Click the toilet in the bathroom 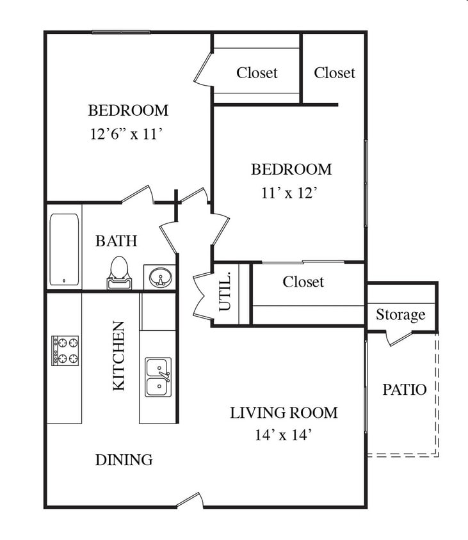click(119, 273)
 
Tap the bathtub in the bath click(65, 250)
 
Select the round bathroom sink click(160, 277)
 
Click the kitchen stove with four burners click(65, 351)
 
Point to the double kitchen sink click(158, 377)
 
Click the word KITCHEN click(118, 356)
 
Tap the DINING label click(124, 460)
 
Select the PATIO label click(405, 390)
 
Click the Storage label click(400, 315)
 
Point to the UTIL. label click(225, 291)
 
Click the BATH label click(117, 241)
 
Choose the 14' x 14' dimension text click(284, 435)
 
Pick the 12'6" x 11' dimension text click(126, 134)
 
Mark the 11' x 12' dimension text click(289, 193)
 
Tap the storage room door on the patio click(399, 338)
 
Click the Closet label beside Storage click(303, 282)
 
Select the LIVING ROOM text click(284, 413)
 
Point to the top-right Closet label click(334, 73)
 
